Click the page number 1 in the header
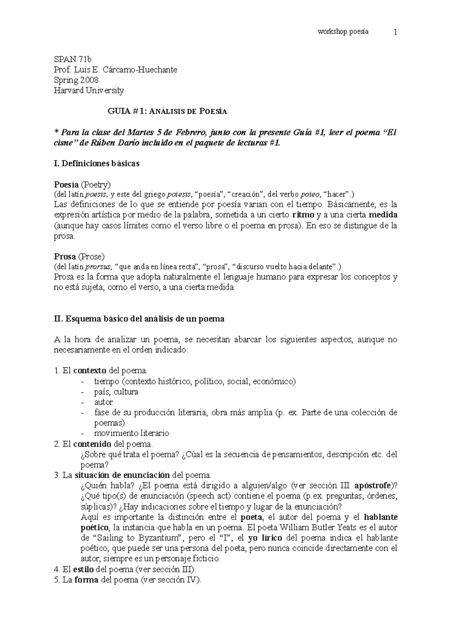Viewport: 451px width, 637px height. [395, 32]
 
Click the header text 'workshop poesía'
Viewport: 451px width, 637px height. [343, 32]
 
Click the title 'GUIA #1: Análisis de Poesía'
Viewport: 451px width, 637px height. [168, 111]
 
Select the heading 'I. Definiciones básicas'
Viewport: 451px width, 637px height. [97, 164]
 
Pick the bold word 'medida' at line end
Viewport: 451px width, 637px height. [383, 215]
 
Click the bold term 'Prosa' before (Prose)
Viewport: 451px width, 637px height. [65, 257]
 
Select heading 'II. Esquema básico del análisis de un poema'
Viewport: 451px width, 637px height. [139, 319]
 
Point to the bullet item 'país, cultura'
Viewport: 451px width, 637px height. [116, 392]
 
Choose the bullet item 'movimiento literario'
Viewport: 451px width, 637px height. [132, 433]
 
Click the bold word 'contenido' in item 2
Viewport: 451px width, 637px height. [92, 444]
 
